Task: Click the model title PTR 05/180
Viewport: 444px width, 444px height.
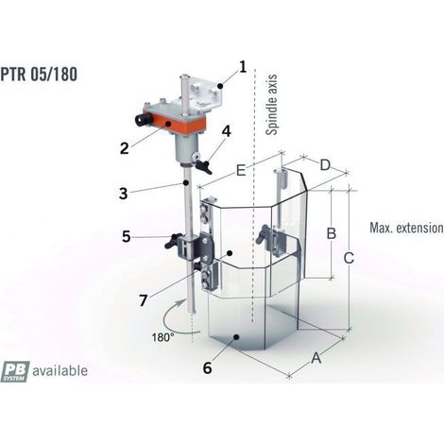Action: (39, 75)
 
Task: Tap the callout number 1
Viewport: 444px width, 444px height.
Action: (243, 67)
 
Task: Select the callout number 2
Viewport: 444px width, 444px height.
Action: (125, 148)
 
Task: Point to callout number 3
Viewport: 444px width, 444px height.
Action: (124, 194)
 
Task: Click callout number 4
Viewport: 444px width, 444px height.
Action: (226, 131)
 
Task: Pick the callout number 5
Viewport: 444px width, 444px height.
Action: (127, 236)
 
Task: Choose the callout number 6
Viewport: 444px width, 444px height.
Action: (207, 367)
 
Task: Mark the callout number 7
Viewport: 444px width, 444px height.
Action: (144, 300)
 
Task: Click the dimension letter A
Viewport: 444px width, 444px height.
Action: (316, 358)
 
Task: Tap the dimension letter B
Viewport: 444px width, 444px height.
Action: (332, 233)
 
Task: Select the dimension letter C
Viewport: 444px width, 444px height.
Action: (349, 258)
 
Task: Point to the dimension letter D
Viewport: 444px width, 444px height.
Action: (325, 165)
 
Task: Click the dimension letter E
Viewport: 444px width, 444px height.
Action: (241, 171)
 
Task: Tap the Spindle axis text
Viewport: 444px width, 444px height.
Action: (271, 105)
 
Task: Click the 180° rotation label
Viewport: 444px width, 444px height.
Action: (162, 337)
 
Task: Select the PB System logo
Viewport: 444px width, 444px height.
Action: (15, 371)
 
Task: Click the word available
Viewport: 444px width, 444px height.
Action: (60, 370)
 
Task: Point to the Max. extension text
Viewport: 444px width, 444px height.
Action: (406, 228)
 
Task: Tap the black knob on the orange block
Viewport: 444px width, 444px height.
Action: (144, 120)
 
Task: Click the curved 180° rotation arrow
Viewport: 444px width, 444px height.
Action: (165, 318)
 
